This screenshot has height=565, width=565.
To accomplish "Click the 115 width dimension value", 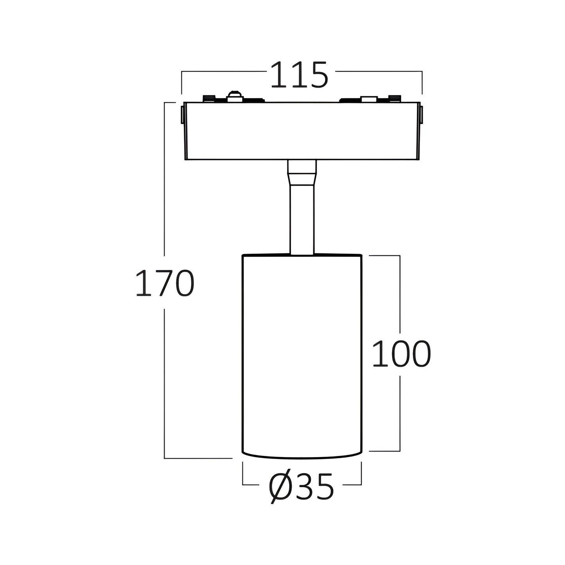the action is (x=299, y=75).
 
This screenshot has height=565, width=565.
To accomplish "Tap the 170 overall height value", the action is (x=165, y=283).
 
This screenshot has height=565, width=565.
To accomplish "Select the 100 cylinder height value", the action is (x=402, y=353).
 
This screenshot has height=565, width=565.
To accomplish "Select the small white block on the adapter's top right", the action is (x=369, y=99).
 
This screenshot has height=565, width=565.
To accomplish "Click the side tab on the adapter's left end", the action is (x=183, y=115).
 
